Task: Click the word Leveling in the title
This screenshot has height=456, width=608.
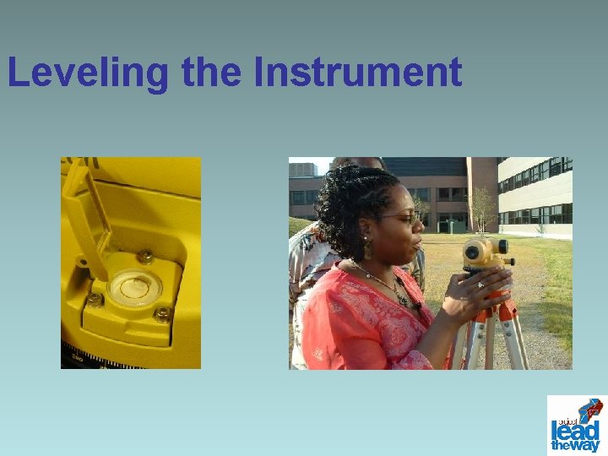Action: [89, 73]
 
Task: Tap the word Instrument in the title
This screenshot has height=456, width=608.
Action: [357, 73]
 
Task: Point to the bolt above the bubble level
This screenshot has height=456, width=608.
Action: [145, 256]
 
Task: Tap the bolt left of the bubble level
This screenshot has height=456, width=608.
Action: [95, 300]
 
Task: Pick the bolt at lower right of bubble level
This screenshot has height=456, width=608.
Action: [161, 315]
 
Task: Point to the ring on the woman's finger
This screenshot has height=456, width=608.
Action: [480, 285]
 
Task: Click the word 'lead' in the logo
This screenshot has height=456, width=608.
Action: [576, 428]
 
